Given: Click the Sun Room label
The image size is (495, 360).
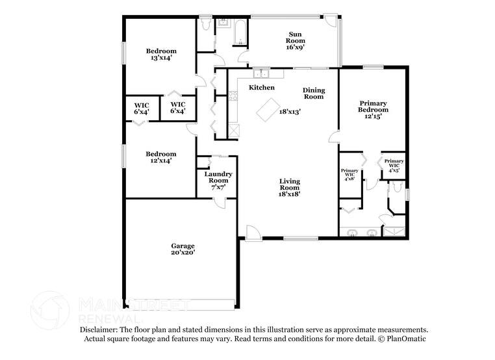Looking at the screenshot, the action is tap(295, 37).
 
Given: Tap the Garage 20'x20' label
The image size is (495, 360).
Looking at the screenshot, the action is tap(183, 249).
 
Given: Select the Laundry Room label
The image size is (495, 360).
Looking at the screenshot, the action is tap(218, 177).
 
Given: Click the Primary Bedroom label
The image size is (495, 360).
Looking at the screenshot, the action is tap(373, 107).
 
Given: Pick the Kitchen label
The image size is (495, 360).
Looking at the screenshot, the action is tap(262, 88).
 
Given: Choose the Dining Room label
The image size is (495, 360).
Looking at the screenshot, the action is tap(314, 94).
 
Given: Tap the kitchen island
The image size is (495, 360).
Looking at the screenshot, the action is tap(268, 110).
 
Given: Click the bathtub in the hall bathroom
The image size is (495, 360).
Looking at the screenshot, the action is tap(240, 32).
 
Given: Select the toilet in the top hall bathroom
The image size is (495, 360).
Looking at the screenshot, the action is tap(206, 23).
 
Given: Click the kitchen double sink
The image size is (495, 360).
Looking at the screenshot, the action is tap(261, 74).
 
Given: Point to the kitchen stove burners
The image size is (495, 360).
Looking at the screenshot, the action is tap(233, 96).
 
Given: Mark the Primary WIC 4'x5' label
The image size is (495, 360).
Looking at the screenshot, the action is tap(394, 166).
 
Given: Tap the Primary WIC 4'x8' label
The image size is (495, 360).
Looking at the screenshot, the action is tap(349, 174).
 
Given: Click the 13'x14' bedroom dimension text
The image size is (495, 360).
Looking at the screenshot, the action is tap(161, 58).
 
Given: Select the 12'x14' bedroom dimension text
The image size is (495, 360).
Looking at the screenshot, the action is tap(161, 161).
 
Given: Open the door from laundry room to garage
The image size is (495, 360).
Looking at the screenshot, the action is tap(220, 203).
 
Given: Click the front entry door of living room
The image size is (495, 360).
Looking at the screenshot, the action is tap(253, 233).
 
